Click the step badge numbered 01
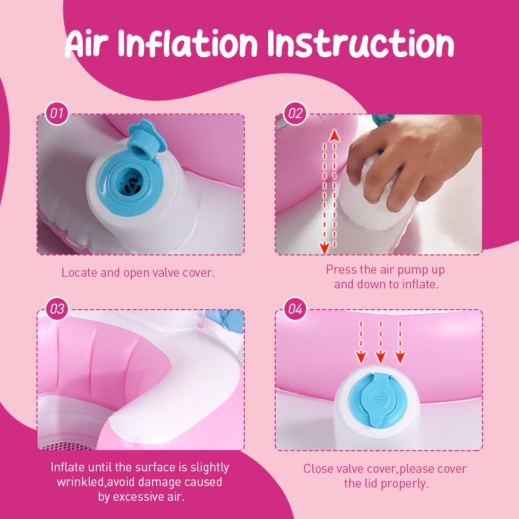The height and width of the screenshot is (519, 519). point(57,114)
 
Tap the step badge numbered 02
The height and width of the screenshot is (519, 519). point(295,114)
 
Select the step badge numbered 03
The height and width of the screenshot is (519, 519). point(57,309)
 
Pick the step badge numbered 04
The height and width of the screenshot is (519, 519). point(295,309)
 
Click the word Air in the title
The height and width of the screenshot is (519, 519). point(87,44)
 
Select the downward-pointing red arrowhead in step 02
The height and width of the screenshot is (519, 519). point(325,248)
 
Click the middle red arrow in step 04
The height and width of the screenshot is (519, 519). point(381,342)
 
